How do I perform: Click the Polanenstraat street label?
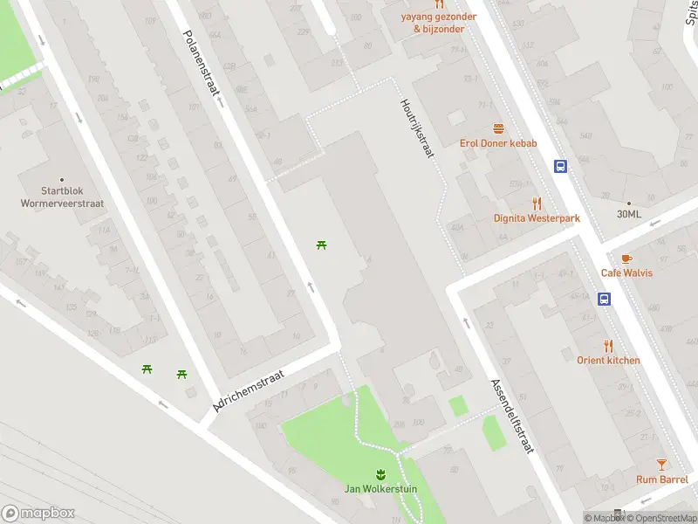point(202,67)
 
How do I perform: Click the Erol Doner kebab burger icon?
point(498,128)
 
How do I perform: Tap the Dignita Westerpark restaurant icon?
point(537,203)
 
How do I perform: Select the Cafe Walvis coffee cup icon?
point(626,258)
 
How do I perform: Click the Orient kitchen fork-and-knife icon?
point(608,345)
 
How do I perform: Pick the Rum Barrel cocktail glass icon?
point(661,465)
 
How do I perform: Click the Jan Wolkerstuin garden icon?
point(379,474)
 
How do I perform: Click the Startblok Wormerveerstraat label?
point(61,196)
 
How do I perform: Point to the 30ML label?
point(628,214)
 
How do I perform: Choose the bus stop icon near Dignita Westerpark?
point(560,166)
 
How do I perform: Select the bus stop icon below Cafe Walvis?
point(603,299)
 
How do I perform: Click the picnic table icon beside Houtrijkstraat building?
point(322,245)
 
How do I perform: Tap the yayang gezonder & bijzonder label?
point(439,23)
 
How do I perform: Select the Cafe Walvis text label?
point(626,272)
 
